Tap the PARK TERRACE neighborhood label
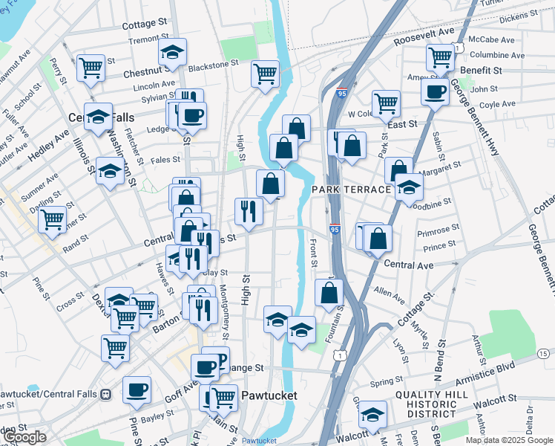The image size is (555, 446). [x=351, y=190]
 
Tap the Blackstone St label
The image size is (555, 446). [x=213, y=65]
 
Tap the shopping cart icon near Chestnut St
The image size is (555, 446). [x=91, y=68]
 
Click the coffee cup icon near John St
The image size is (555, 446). [x=435, y=91]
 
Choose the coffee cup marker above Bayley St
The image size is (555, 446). [x=137, y=389]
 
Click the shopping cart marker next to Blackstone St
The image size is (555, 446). [x=264, y=73]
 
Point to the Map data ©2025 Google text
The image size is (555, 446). [x=509, y=440]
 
